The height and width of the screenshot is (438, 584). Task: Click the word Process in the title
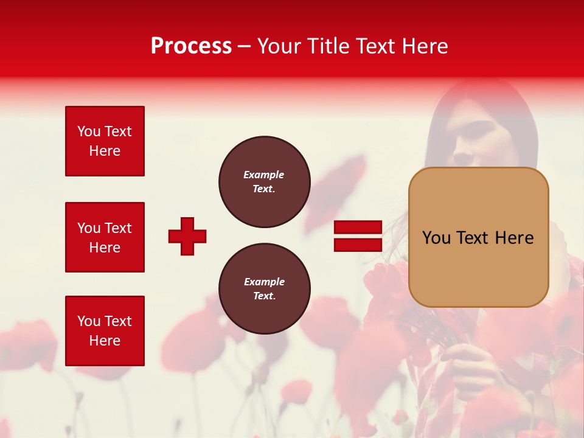tap(191, 46)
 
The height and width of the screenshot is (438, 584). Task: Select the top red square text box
tap(105, 141)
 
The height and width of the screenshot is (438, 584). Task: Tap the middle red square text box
tap(105, 237)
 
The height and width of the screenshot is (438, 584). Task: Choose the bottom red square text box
tap(105, 331)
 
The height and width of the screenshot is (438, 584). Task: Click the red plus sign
tap(187, 236)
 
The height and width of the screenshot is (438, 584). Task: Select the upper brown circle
tap(264, 182)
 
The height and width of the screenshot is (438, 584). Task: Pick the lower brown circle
tap(264, 289)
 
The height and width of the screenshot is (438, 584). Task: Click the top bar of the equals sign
tap(358, 228)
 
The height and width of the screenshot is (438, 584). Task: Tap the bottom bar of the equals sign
tap(358, 245)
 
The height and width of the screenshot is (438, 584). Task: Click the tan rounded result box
tap(478, 237)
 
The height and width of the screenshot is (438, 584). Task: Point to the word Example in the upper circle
tap(264, 175)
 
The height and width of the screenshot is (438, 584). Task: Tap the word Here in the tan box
tap(514, 238)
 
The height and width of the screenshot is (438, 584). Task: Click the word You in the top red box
tap(89, 131)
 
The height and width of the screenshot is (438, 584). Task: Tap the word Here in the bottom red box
tap(105, 341)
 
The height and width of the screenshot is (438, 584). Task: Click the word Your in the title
tap(279, 46)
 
